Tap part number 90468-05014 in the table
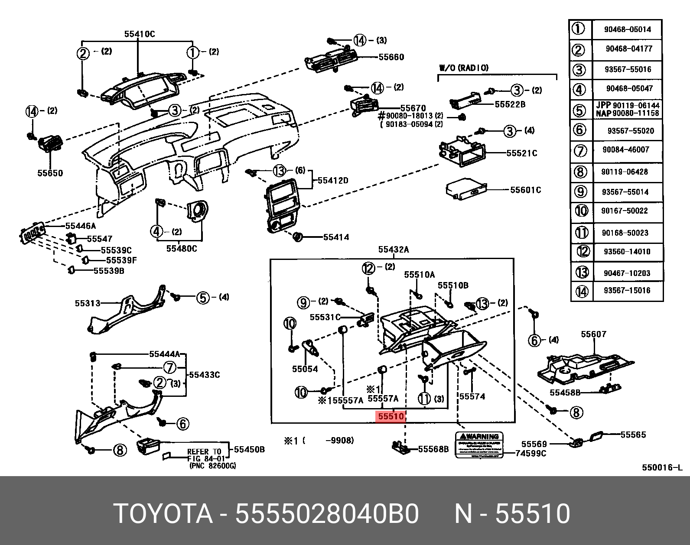click(x=627, y=29)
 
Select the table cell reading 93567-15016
click(x=627, y=290)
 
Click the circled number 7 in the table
click(x=580, y=151)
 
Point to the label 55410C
click(x=139, y=34)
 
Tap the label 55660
click(x=391, y=57)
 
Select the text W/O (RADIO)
click(x=464, y=68)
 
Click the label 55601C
click(x=525, y=190)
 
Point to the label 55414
click(x=336, y=237)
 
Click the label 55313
click(x=88, y=304)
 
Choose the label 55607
click(x=593, y=334)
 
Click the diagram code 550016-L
click(x=662, y=467)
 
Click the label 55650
click(x=50, y=173)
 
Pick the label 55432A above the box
click(x=393, y=250)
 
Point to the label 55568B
click(x=433, y=449)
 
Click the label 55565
click(x=633, y=435)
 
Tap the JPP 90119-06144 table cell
click(x=627, y=105)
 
